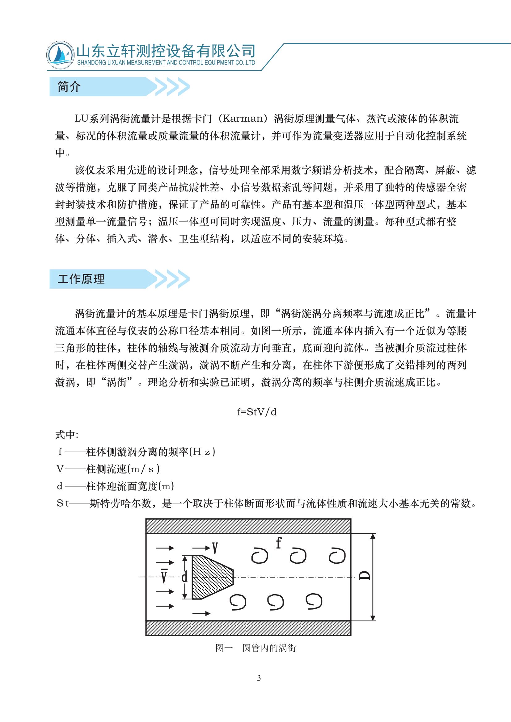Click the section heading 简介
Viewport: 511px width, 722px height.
(69, 87)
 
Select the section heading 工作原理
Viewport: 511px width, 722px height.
(81, 279)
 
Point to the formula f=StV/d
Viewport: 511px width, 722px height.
(257, 412)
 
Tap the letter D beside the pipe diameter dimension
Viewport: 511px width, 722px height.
(365, 575)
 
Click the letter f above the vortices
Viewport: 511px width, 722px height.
(278, 543)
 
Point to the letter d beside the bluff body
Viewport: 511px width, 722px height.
(185, 577)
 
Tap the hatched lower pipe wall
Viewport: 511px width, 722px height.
(248, 628)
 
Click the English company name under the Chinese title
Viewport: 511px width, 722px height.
(166, 63)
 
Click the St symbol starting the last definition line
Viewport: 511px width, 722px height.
(63, 504)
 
